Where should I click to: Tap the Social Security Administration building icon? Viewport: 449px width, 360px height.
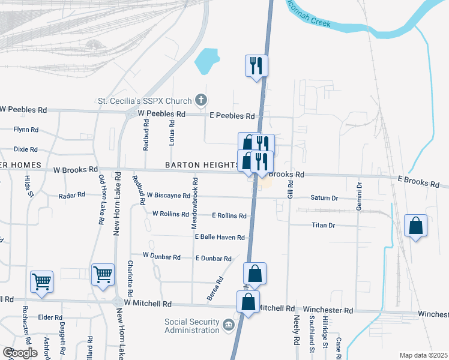tap(228, 325)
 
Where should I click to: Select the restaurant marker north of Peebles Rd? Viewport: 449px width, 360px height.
tap(257, 65)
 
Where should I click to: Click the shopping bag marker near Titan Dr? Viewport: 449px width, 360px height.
tap(415, 226)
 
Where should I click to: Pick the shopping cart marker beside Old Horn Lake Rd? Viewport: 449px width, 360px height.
tap(103, 274)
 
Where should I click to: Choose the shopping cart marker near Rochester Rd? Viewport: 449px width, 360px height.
tap(41, 281)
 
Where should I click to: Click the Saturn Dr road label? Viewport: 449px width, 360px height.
tap(325, 197)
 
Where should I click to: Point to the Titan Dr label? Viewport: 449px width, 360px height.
tap(323, 226)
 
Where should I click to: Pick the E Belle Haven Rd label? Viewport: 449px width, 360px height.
tap(219, 237)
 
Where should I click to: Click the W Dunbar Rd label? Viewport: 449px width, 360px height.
tap(161, 256)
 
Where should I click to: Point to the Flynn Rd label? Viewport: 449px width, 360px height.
tap(26, 129)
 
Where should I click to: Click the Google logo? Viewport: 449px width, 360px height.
tap(20, 353)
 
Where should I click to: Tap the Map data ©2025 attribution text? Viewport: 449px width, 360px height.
tap(423, 355)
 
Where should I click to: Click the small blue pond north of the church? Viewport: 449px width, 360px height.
tap(208, 60)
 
